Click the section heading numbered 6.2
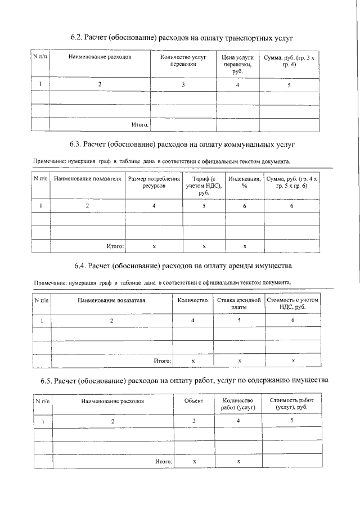[x=183, y=38]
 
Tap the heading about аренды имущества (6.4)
[x=183, y=264]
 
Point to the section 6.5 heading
[x=183, y=381]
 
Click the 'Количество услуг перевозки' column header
[x=183, y=61]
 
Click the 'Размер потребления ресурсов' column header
[x=154, y=182]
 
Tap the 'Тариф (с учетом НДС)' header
[x=204, y=186]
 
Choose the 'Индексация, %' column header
[x=244, y=182]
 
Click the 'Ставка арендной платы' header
[x=239, y=304]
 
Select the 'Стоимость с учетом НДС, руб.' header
[x=292, y=304]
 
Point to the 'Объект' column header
[x=193, y=402]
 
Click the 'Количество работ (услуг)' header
[x=238, y=405]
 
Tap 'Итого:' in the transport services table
[x=139, y=124]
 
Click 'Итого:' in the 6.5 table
[x=163, y=461]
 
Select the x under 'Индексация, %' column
[x=244, y=246]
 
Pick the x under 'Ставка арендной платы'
[x=239, y=361]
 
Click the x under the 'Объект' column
[x=193, y=461]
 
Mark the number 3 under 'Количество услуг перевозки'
[x=183, y=85]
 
